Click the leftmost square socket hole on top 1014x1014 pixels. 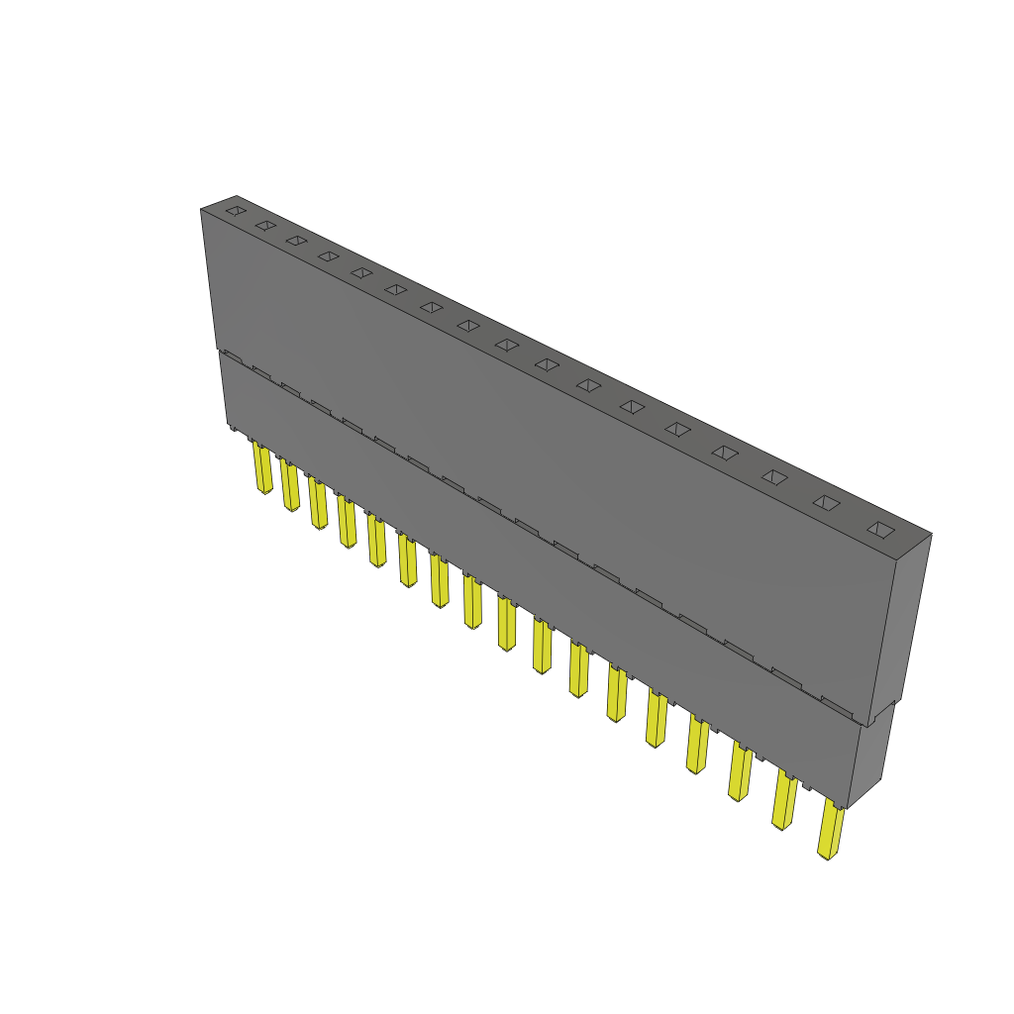coord(235,211)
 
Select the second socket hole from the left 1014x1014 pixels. coord(264,226)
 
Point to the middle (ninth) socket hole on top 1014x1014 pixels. coord(506,345)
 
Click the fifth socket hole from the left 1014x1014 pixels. coord(361,272)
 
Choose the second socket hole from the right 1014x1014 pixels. coord(826,502)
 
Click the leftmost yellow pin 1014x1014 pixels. coord(262,469)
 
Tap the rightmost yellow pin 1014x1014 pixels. coord(830,832)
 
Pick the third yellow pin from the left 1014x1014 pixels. coord(318,504)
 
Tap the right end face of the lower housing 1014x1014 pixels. coord(871,758)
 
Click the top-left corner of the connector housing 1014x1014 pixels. coord(201,209)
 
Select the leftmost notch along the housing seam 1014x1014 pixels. coord(231,355)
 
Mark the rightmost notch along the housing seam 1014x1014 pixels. coord(837,705)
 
